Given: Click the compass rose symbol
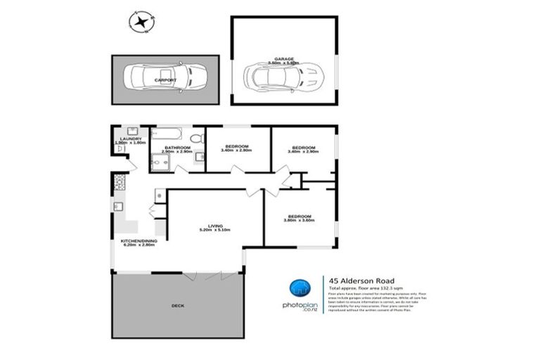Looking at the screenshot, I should click(143, 22).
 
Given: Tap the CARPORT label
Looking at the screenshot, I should click(166, 81).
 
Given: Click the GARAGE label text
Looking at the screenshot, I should click(284, 59).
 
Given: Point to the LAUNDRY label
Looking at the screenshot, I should click(130, 139).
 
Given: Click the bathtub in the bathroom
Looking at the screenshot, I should click(169, 134).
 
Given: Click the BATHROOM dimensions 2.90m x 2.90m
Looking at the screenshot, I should click(176, 152).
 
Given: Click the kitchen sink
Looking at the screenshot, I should click(119, 207).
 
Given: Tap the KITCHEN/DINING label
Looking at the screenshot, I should click(139, 240).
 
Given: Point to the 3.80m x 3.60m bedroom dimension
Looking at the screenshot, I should click(299, 221).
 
